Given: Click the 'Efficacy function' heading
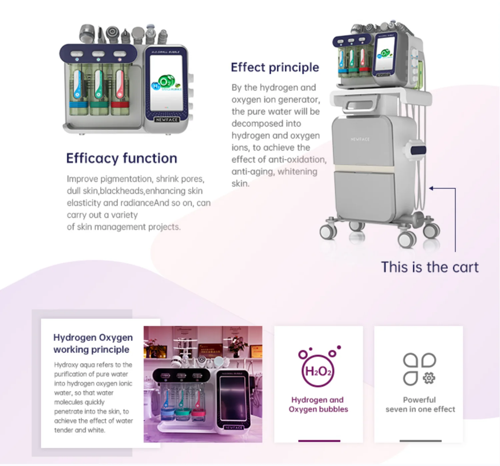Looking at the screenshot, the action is [121, 158].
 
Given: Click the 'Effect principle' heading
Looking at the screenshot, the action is [275, 67].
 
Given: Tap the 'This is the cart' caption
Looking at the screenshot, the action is [429, 267].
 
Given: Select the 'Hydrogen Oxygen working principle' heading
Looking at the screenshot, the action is [93, 343].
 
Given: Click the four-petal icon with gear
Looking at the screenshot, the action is [419, 369].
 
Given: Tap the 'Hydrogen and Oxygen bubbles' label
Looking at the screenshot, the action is [318, 404].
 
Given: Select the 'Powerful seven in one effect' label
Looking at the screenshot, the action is [420, 404].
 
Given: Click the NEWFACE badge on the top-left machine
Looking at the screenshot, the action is [167, 120].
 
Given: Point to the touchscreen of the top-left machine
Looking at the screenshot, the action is [166, 83].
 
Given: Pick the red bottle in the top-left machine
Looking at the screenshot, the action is [120, 88].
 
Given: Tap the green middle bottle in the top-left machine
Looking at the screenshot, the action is [99, 88].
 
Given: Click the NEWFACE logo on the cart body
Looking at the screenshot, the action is [360, 139].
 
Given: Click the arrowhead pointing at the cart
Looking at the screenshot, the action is [431, 188].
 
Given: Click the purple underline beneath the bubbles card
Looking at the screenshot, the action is [319, 441].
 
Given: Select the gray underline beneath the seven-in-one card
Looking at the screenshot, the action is [420, 441].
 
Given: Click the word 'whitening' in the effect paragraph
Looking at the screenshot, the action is [297, 172].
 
